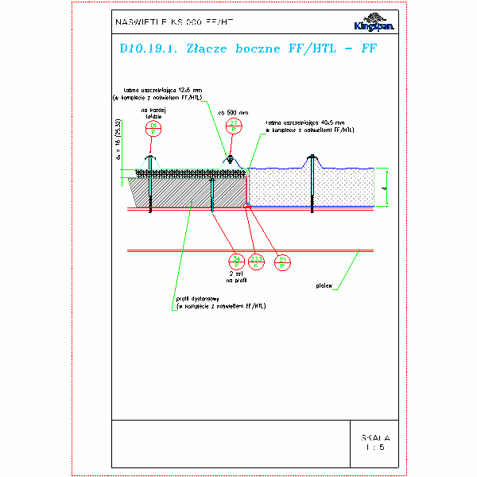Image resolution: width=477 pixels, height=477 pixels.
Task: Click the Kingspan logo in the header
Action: (x=378, y=24)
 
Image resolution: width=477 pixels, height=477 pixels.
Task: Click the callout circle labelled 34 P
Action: (x=236, y=260)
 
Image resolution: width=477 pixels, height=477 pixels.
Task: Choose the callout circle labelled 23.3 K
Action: (x=257, y=260)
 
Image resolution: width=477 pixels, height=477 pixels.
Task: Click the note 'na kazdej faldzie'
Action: (x=153, y=113)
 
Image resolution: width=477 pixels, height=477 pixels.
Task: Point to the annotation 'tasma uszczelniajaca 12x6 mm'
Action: (x=163, y=90)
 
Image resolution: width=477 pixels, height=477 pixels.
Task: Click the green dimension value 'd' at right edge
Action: (x=382, y=188)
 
